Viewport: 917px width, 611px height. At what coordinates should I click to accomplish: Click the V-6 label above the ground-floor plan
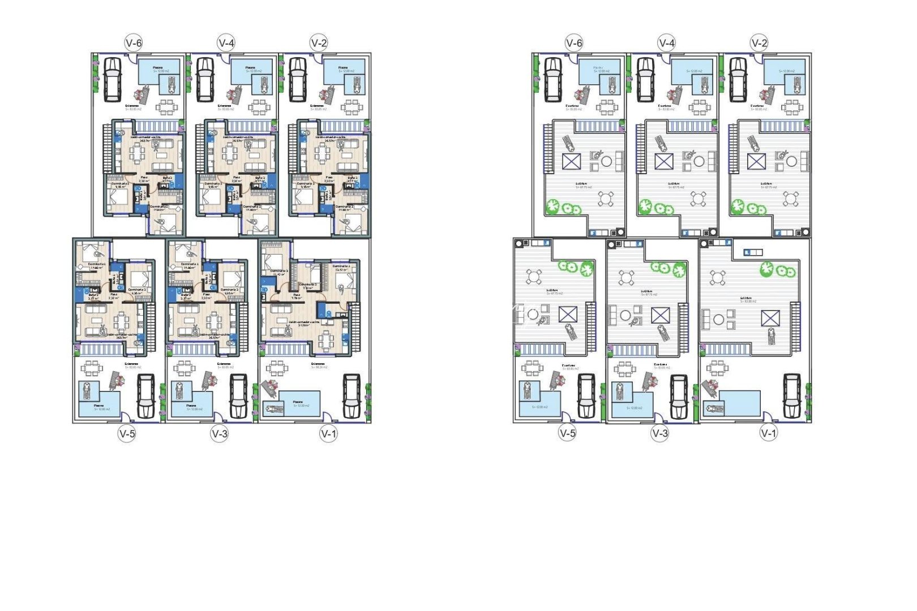(x=134, y=43)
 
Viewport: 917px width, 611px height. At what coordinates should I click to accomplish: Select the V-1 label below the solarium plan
(x=768, y=433)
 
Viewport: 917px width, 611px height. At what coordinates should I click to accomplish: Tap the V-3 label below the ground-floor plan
(x=220, y=434)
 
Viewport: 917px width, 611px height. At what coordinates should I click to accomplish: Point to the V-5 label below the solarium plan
(x=567, y=433)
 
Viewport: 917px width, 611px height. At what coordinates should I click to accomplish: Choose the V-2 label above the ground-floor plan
(x=319, y=43)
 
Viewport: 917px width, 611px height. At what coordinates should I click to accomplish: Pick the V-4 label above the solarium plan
(x=666, y=43)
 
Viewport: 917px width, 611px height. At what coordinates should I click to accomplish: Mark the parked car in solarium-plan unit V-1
(x=791, y=395)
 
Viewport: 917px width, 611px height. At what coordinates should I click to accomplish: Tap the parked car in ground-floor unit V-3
(x=238, y=395)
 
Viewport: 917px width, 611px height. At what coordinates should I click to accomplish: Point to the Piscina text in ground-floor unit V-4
(x=251, y=67)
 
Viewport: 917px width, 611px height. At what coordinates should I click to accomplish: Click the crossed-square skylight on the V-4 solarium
(x=664, y=161)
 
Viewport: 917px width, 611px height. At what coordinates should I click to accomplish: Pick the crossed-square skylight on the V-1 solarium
(x=770, y=319)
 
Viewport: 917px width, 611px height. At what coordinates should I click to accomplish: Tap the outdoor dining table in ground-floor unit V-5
(x=91, y=369)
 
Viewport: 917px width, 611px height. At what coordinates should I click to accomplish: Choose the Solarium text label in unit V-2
(x=766, y=183)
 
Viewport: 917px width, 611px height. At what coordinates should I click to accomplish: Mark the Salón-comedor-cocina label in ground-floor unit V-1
(x=304, y=322)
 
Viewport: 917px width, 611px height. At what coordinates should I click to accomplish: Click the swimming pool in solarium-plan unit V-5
(x=539, y=404)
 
